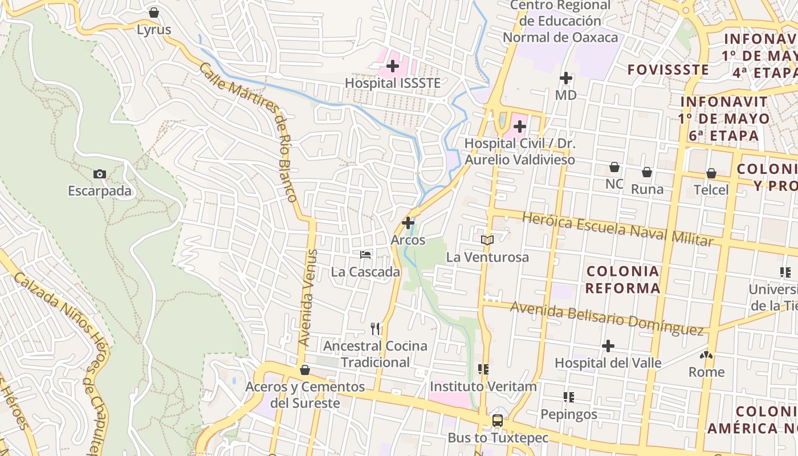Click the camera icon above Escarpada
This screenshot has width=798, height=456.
tap(100, 174)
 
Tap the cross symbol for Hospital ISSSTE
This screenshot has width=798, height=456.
tap(393, 66)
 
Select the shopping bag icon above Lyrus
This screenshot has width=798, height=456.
tap(154, 13)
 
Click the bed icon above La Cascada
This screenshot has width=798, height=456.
tap(365, 255)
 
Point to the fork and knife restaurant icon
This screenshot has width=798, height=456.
tap(375, 328)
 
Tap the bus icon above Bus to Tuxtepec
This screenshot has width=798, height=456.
tap(498, 421)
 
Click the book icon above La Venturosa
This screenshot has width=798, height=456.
tap(487, 240)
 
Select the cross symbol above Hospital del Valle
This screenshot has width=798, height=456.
tap(608, 345)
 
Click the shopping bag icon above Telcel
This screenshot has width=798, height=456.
tap(711, 173)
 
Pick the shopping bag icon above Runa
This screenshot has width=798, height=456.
tap(647, 172)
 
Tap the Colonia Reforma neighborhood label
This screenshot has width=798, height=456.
tap(622, 279)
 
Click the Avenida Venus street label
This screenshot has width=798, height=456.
tap(308, 298)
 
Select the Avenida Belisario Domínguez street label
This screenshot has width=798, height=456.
tap(606, 318)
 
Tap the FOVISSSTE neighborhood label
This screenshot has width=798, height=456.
tap(668, 70)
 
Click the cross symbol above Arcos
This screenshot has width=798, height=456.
tap(408, 223)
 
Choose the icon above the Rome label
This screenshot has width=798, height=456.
tap(706, 355)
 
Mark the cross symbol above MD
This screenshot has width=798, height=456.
tap(566, 78)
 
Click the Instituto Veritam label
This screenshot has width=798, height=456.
tap(483, 386)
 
